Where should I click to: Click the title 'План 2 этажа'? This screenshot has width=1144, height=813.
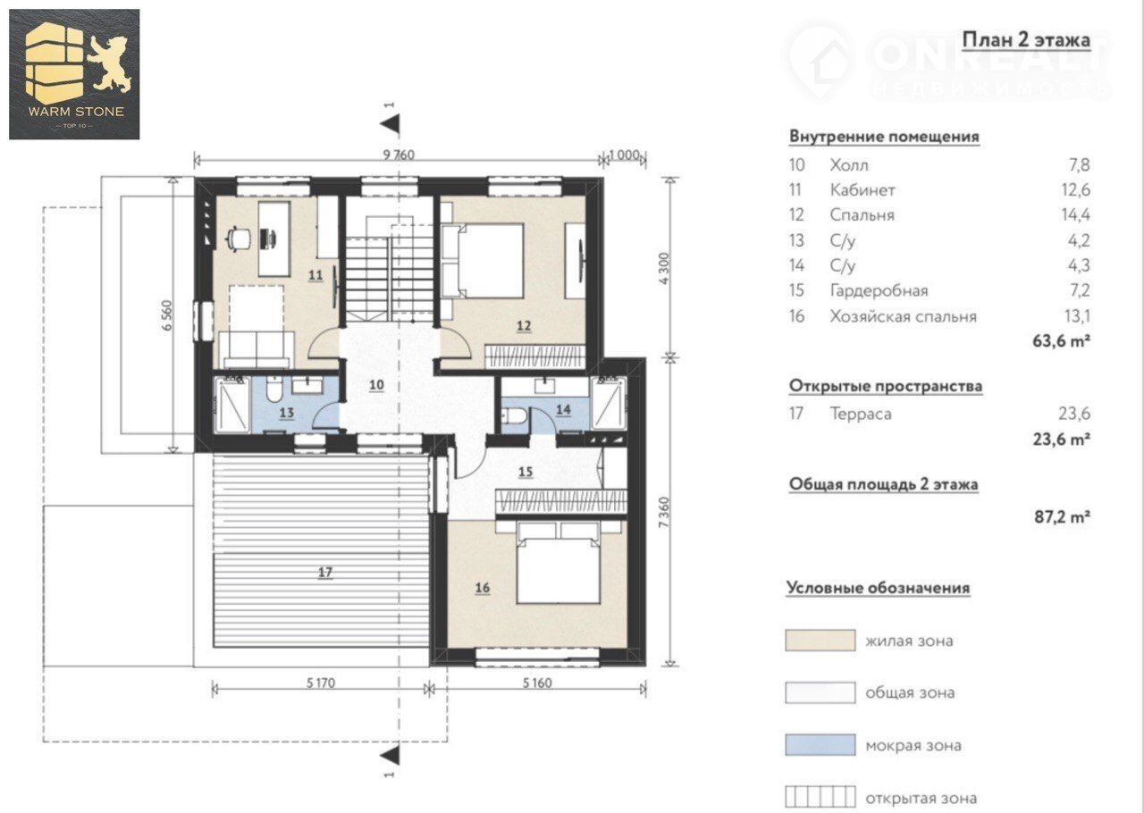coord(1026,40)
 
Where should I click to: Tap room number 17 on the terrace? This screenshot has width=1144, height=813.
coord(325,572)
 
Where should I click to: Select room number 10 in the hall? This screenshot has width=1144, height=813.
coord(376,384)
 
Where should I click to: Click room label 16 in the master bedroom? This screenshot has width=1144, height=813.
coord(483,588)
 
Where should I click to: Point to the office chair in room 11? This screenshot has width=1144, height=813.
coord(238,239)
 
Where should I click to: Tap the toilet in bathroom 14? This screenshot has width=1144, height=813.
coord(514,416)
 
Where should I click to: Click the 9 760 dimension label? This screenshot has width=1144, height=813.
coord(399,155)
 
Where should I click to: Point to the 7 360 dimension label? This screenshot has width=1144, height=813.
coord(663,512)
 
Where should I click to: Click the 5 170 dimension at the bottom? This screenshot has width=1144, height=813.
coord(321,683)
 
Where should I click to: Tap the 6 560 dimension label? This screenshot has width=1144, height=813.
coord(167,315)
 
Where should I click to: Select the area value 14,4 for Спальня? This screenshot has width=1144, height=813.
coord(1075,214)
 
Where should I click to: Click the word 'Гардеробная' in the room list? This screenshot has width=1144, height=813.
coord(879,290)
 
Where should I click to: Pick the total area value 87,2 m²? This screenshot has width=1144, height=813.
coord(1063,516)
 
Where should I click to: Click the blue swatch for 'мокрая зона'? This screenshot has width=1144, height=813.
coord(820,745)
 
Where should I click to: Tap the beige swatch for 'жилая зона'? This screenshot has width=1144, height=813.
coord(820,641)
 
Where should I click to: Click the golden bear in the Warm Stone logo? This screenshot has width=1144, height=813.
coord(110,63)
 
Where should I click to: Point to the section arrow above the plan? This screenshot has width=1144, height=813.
coord(391,124)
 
